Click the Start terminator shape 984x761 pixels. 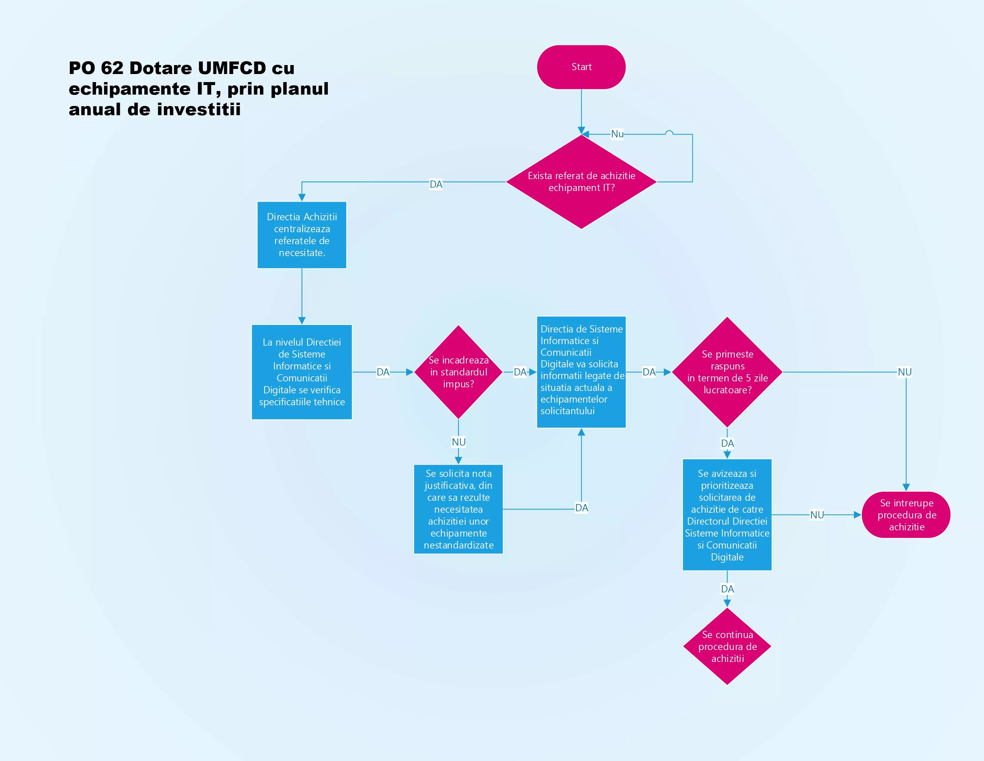click(x=581, y=67)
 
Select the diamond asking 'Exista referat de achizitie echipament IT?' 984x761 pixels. click(x=581, y=182)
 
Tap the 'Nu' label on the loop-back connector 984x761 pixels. click(x=617, y=134)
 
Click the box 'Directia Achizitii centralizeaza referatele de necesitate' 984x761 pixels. click(x=302, y=235)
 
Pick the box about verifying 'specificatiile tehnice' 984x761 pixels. click(x=302, y=372)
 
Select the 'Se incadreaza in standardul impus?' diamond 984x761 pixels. click(x=458, y=372)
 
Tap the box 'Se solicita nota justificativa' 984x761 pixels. click(x=458, y=509)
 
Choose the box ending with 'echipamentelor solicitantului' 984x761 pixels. click(x=581, y=372)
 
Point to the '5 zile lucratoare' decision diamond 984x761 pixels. click(x=727, y=372)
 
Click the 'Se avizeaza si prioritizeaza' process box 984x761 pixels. click(x=727, y=515)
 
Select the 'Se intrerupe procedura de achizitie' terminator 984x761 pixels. click(x=906, y=515)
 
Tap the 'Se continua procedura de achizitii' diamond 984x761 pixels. click(x=727, y=646)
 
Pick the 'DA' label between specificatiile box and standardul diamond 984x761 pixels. click(x=383, y=372)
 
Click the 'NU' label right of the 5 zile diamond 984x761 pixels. click(x=904, y=372)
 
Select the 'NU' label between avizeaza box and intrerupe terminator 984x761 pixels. click(x=817, y=515)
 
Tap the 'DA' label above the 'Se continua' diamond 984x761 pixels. click(x=727, y=589)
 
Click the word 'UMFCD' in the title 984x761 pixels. click(x=232, y=68)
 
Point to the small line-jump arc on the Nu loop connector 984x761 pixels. click(x=669, y=133)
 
